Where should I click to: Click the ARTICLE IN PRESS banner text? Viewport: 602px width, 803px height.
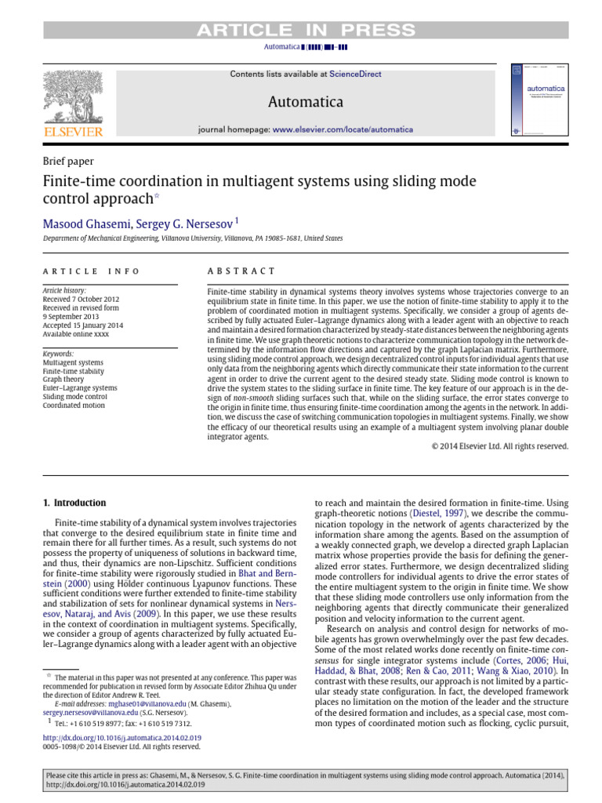tap(306, 31)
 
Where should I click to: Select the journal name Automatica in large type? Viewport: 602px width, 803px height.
tap(306, 102)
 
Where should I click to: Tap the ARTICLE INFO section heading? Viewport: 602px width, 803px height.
tap(91, 271)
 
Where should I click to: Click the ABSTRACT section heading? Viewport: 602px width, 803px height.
tap(241, 271)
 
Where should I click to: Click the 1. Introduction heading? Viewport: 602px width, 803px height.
tap(74, 503)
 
